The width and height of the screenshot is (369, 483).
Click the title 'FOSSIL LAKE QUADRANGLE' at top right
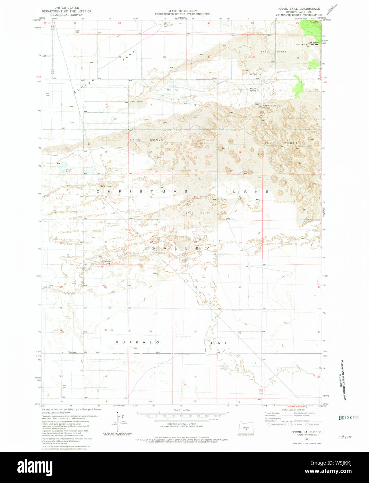tap(298, 8)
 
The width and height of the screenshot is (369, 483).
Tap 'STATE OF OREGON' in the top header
tap(182, 11)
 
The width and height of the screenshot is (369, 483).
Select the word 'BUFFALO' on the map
tap(137, 342)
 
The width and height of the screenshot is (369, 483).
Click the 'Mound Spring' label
tap(253, 89)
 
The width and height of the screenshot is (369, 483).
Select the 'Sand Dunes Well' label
tap(269, 106)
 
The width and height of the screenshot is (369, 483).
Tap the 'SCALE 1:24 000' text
tap(181, 410)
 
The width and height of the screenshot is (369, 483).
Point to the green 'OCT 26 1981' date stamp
tap(350, 417)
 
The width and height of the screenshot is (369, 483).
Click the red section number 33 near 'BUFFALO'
tap(106, 330)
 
